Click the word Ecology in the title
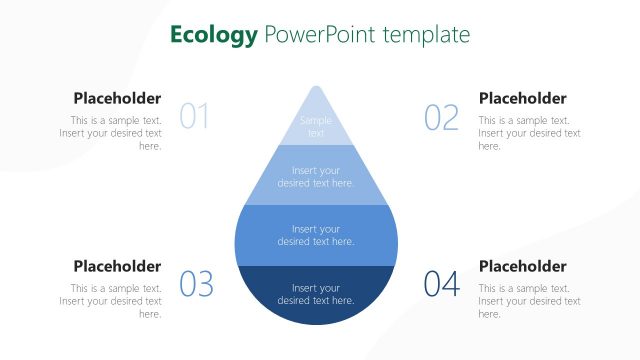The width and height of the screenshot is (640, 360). coord(213,35)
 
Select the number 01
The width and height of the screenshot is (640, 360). coord(194,117)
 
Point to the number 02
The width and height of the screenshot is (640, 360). coord(441,117)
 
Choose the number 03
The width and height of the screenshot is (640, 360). coord(196,284)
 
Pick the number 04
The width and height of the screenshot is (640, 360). coord(441,284)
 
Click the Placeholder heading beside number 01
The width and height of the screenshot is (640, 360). coord(117,98)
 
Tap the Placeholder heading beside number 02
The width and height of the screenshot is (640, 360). coord(522,98)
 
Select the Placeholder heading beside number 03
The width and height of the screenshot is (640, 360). coord(117,266)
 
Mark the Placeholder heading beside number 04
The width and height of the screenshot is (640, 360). coord(522,266)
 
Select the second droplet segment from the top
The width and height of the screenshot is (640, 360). coord(316,176)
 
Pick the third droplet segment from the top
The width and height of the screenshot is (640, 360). coord(316,235)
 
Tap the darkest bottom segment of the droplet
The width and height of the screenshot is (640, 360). coord(316,295)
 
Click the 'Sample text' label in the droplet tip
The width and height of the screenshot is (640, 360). coord(316,127)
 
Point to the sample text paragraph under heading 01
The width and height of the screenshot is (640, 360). coord(112,133)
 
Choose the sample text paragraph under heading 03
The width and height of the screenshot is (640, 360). coord(112,301)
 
